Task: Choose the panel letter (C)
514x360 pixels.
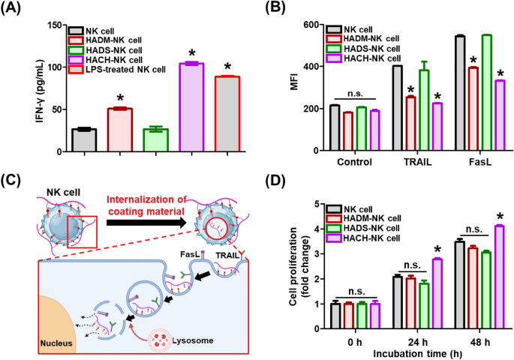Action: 16,180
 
